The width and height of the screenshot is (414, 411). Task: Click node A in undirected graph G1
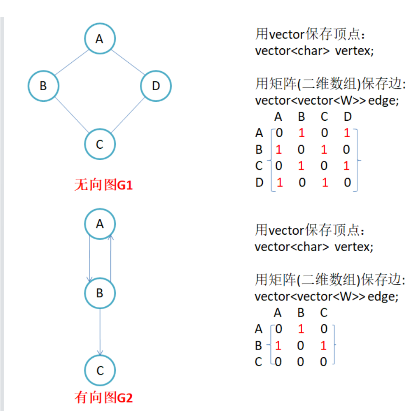[100, 39]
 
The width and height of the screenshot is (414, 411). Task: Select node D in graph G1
[156, 86]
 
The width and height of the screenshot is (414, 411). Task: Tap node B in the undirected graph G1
[43, 86]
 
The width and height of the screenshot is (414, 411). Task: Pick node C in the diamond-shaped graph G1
[100, 144]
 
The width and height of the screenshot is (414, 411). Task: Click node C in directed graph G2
[100, 371]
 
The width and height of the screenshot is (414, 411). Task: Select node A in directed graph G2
[100, 224]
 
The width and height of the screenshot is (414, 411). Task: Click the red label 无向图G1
[103, 185]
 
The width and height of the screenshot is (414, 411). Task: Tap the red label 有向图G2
[103, 397]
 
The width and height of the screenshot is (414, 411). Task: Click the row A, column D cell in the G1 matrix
[347, 133]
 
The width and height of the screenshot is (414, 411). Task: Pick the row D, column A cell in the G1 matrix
[279, 183]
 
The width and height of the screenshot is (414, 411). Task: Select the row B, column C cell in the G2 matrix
[323, 345]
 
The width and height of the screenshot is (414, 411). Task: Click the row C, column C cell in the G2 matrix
[323, 361]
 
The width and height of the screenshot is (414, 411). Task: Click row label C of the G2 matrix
[258, 362]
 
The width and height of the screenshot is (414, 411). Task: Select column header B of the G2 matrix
[301, 313]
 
